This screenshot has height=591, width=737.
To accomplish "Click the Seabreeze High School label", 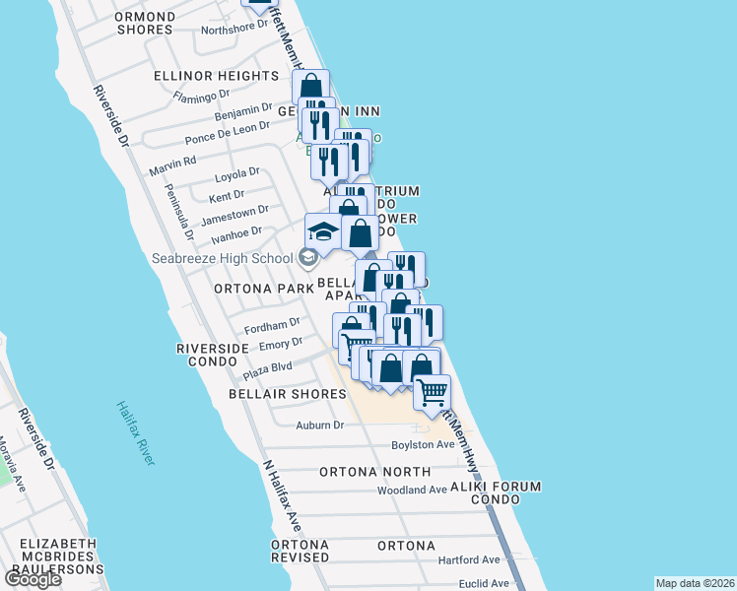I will click(222, 258).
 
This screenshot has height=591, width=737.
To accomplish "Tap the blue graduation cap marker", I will click(322, 232).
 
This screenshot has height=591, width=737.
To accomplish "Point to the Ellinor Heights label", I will click(217, 76).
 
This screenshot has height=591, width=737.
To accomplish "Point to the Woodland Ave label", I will click(413, 490).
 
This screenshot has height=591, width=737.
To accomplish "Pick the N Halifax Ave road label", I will click(281, 492).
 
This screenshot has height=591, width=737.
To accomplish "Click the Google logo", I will click(33, 579).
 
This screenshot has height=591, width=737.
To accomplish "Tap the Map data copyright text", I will click(695, 583).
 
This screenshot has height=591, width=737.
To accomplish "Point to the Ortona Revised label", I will click(300, 551).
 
